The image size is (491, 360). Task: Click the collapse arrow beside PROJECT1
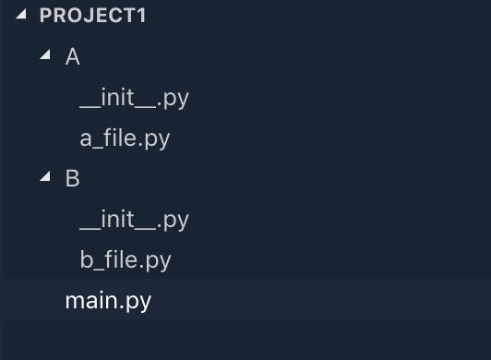[20, 16]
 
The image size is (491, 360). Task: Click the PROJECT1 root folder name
[93, 16]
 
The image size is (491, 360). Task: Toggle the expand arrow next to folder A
[45, 56]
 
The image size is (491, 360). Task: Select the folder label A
[73, 57]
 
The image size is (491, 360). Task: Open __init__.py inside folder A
[134, 98]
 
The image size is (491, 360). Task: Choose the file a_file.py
[125, 138]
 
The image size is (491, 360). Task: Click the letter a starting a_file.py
[87, 139]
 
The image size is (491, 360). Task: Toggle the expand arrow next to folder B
[45, 178]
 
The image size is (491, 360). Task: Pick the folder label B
[73, 179]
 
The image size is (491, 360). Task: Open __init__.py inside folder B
[134, 220]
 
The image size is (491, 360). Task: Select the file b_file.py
[125, 260]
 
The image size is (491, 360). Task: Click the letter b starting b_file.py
[87, 260]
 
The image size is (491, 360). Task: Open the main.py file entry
[108, 301]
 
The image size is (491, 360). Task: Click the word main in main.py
[90, 301]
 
